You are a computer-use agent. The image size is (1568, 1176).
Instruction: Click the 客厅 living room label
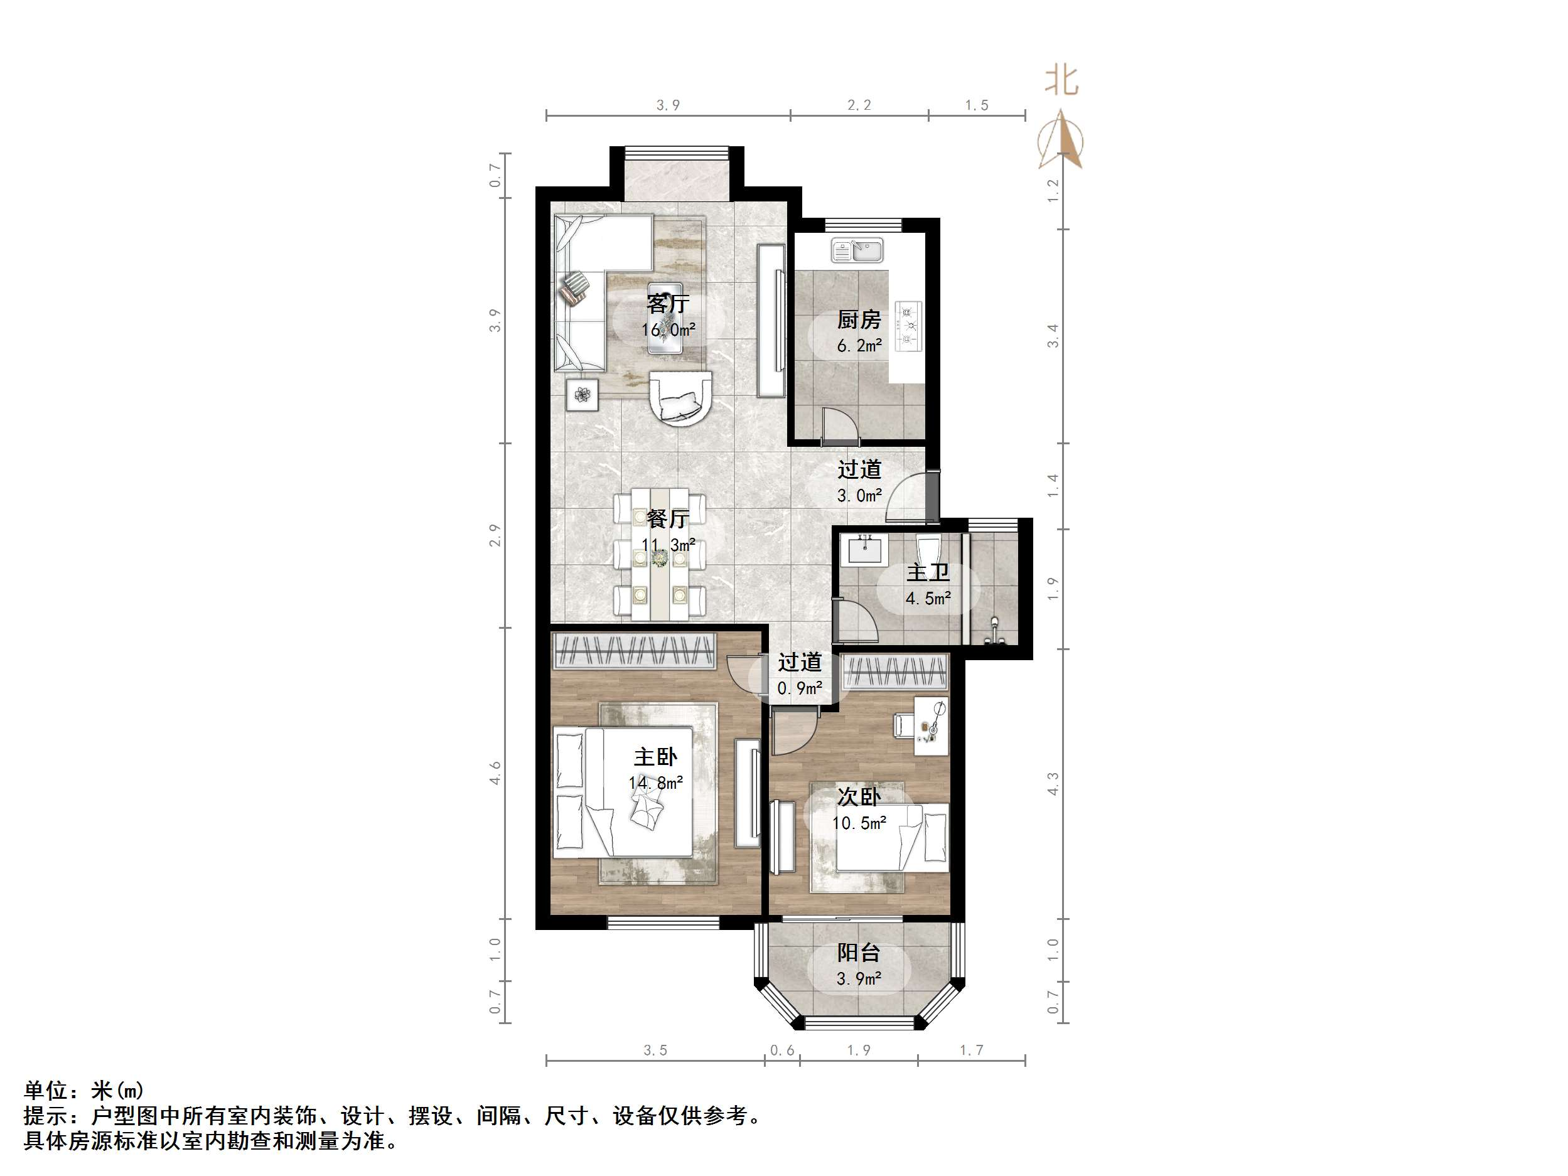coord(667,304)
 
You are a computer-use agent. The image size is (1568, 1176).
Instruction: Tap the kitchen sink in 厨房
coord(857,251)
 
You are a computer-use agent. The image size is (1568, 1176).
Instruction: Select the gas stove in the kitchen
coord(908,327)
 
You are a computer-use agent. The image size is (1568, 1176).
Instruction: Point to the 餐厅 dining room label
coord(667,519)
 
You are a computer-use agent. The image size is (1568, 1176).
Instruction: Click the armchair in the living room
coord(681,398)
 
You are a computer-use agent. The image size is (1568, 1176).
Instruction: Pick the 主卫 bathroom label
coord(927,573)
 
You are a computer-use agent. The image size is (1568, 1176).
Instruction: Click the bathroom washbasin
coord(865,549)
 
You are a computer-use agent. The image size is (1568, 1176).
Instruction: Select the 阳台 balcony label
coord(859,953)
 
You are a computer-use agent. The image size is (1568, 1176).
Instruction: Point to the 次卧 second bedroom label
coord(859,797)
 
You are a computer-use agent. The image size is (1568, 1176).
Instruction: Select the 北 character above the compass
coord(1061,81)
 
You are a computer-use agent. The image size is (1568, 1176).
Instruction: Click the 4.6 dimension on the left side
coord(495,772)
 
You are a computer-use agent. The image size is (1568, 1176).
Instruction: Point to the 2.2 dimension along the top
coord(859,105)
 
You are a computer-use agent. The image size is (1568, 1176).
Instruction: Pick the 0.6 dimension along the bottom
coord(782,1050)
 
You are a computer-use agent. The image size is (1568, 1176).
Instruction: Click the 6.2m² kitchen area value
coord(859,346)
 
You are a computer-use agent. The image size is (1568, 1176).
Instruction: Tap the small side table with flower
coord(582,394)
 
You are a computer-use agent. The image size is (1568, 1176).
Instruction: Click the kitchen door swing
coord(839,425)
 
